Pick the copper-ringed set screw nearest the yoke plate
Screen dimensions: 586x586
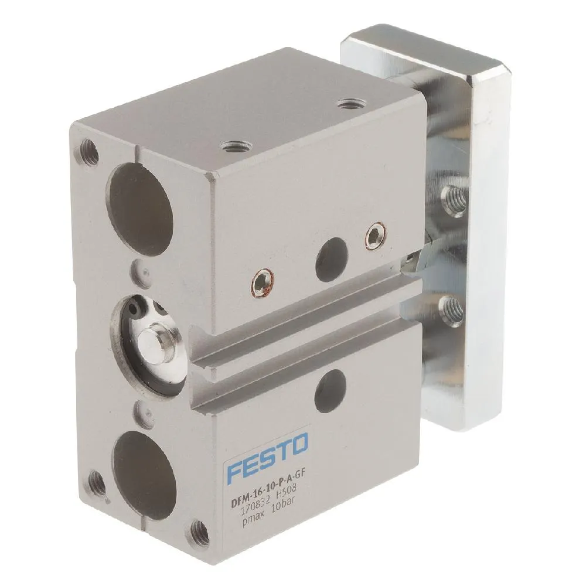tap(373, 236)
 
